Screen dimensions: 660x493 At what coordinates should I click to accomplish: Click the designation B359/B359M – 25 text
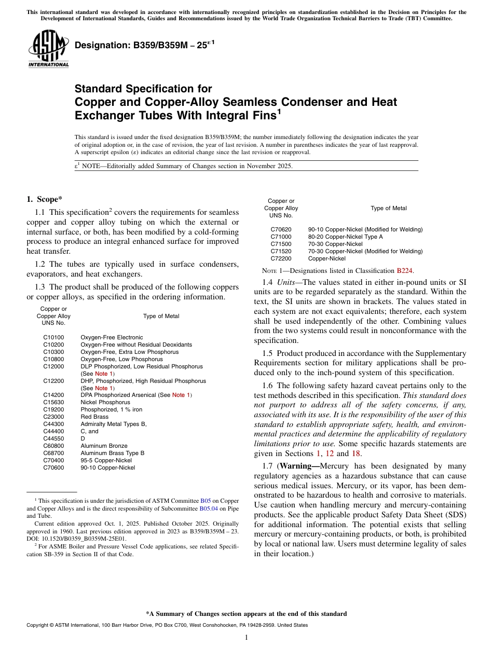(x=141, y=45)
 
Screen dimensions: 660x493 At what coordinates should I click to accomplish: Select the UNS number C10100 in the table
(x=53, y=337)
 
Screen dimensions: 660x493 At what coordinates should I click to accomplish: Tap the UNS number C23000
(x=53, y=417)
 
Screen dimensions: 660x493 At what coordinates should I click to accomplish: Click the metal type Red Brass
(x=94, y=417)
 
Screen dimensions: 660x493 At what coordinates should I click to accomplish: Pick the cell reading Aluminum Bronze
(x=104, y=446)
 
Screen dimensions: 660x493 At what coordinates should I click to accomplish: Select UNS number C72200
(x=281, y=258)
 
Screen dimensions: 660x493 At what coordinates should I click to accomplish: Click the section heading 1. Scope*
(x=45, y=199)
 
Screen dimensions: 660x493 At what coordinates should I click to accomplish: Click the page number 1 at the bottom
(x=246, y=637)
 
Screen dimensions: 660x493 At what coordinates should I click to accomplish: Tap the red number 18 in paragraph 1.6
(x=356, y=453)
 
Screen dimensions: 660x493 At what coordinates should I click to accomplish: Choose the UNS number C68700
(x=53, y=453)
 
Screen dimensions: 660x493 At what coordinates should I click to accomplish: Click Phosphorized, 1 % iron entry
(x=111, y=409)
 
